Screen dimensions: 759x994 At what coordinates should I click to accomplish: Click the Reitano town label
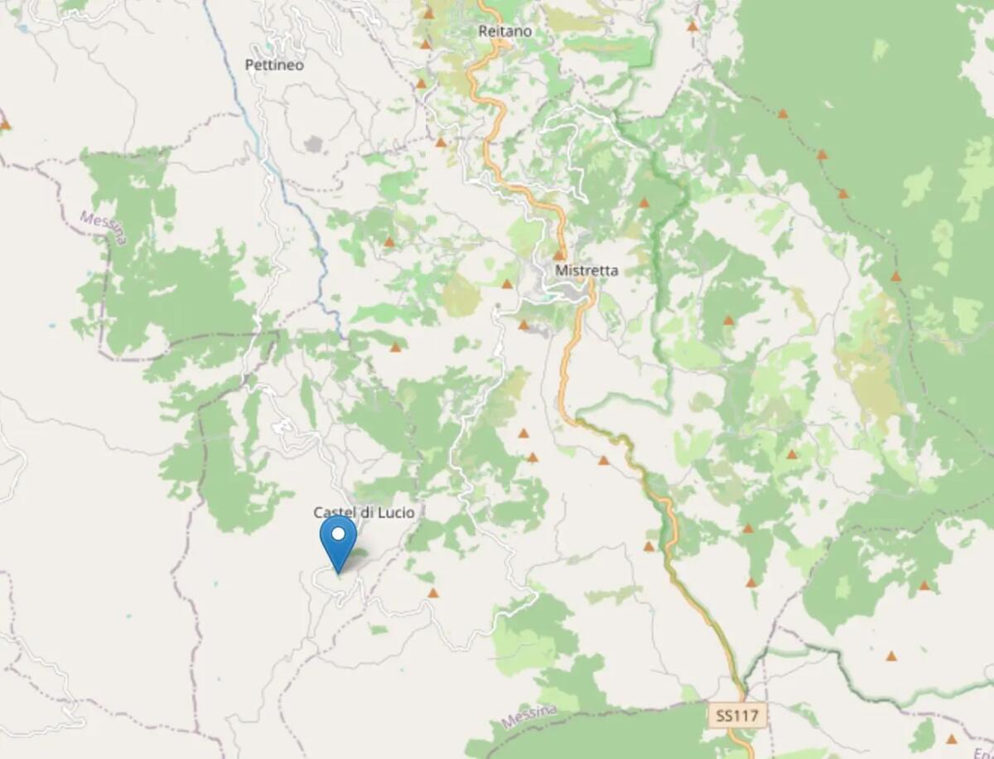[x=504, y=31]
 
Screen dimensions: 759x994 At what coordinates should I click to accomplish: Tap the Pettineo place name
[x=274, y=65]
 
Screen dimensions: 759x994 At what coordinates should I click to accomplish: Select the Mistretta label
[x=586, y=270]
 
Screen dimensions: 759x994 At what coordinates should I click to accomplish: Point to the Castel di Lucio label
[x=364, y=512]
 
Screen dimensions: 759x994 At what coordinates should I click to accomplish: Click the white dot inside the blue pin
[x=338, y=534]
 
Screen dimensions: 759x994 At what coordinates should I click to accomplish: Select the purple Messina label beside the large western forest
[x=104, y=227]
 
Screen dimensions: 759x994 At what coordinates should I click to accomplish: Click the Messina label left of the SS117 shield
[x=528, y=718]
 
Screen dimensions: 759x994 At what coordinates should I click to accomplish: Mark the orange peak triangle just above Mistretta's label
[x=559, y=255]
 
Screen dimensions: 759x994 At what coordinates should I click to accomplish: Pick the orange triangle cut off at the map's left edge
[x=4, y=125]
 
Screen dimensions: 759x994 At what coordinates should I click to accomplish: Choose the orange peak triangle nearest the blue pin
[x=432, y=593]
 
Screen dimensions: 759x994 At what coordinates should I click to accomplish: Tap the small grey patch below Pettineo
[x=313, y=144]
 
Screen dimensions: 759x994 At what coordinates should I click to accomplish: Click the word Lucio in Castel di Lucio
[x=396, y=512]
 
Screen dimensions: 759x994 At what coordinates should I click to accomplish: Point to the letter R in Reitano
[x=483, y=31]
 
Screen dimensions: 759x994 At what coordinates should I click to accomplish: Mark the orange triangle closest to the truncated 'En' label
[x=952, y=738]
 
